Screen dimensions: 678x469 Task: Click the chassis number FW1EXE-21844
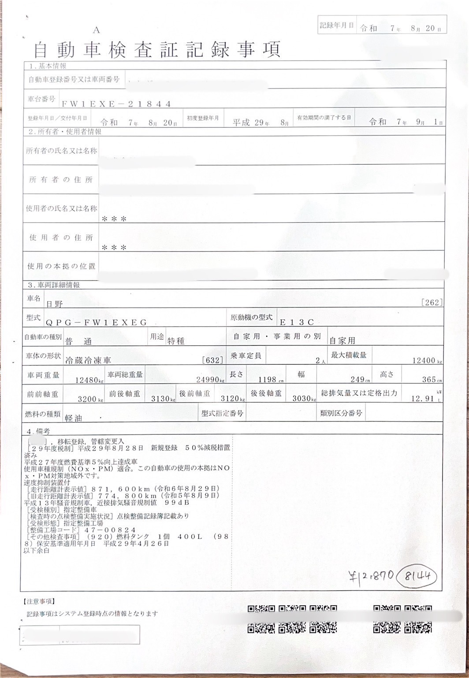[x=116, y=104]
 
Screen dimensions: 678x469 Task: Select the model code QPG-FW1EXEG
[x=105, y=322]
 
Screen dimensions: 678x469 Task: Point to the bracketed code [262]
[x=432, y=302]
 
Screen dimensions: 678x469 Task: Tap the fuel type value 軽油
[x=74, y=418]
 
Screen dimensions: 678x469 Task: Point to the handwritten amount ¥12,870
[x=371, y=576]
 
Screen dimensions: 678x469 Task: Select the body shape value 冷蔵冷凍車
[x=86, y=360]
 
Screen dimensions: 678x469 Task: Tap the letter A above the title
[x=97, y=30]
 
